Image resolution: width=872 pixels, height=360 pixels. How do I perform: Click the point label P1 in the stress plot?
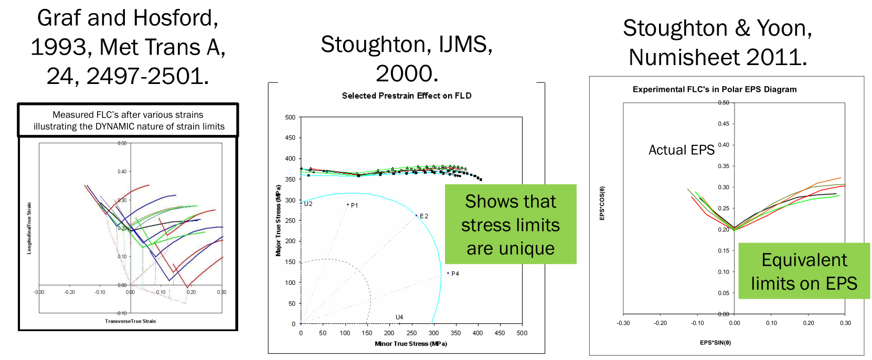pos(355,205)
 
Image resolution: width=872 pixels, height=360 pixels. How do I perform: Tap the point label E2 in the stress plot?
pos(424,216)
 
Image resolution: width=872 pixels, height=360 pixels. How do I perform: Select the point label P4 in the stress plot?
pos(455,273)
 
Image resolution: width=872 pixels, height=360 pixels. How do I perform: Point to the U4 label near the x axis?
pos(399,317)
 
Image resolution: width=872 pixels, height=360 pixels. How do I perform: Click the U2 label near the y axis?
pos(309,204)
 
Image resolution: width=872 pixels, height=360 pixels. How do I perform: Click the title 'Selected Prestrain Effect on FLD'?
pos(407,96)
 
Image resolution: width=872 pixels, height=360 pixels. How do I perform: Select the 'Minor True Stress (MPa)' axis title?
pos(411,344)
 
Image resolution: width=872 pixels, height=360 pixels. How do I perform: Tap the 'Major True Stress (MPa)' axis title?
pos(278,220)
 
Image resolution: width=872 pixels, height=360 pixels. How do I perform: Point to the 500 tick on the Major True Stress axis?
pos(290,117)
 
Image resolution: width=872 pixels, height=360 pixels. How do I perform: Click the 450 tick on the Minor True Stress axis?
pos(499,333)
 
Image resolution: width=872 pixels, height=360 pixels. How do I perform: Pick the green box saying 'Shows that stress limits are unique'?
pos(511,224)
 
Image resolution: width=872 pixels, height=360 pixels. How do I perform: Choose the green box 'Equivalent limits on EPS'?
pos(804,271)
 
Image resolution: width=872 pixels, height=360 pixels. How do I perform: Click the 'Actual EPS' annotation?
pos(682,150)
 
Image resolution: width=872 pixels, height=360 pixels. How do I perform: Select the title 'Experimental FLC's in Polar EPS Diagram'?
pos(715,89)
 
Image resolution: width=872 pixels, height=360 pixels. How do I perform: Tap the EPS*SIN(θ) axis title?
pos(715,343)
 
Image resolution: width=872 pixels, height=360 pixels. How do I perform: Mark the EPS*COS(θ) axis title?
pos(602,203)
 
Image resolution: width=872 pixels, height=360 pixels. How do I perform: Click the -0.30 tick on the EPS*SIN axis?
pos(623,323)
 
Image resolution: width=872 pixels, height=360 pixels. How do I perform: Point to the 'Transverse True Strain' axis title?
pos(130,321)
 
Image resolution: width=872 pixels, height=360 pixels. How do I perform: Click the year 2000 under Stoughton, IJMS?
pos(407,73)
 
